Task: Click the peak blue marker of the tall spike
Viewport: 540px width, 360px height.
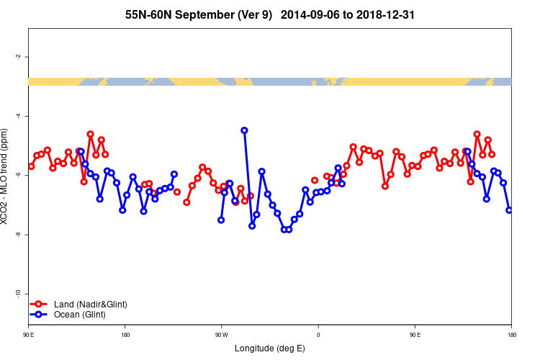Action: [244, 130]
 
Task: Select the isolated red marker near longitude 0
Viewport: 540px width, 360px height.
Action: [315, 180]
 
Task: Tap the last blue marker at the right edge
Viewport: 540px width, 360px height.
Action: [509, 210]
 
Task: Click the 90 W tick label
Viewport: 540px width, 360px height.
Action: [221, 334]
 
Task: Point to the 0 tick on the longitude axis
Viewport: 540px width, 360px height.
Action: [318, 334]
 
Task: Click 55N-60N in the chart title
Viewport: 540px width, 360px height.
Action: [150, 14]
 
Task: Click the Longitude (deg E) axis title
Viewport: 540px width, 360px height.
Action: [270, 349]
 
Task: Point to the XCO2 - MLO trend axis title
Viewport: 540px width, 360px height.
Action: [6, 176]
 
